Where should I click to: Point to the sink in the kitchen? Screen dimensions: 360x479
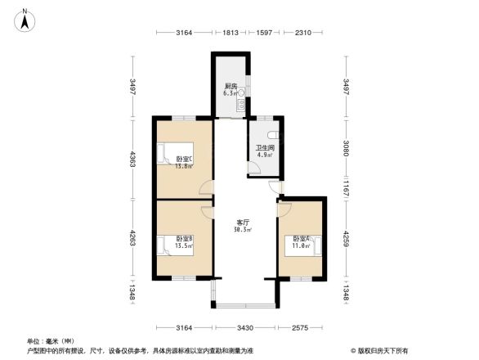(x=239, y=105)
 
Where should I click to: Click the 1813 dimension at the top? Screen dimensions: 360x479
(x=231, y=34)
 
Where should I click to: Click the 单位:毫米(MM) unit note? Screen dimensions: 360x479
(x=51, y=340)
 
